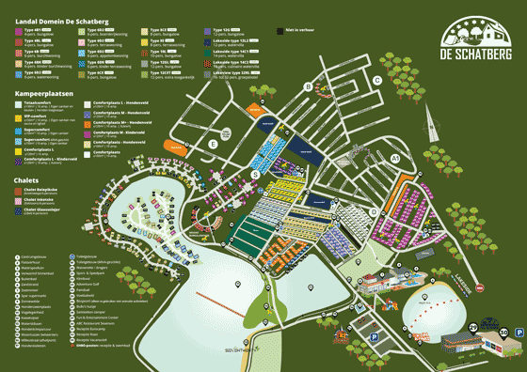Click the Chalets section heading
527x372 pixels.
[26, 179]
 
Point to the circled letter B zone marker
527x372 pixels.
[307, 86]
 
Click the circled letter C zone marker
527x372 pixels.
[376, 80]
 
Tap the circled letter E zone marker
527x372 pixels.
[215, 144]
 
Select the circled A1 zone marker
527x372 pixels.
[395, 159]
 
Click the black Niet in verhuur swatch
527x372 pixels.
[280, 31]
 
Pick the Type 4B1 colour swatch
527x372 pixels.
[19, 31]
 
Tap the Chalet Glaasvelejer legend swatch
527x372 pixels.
[19, 211]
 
